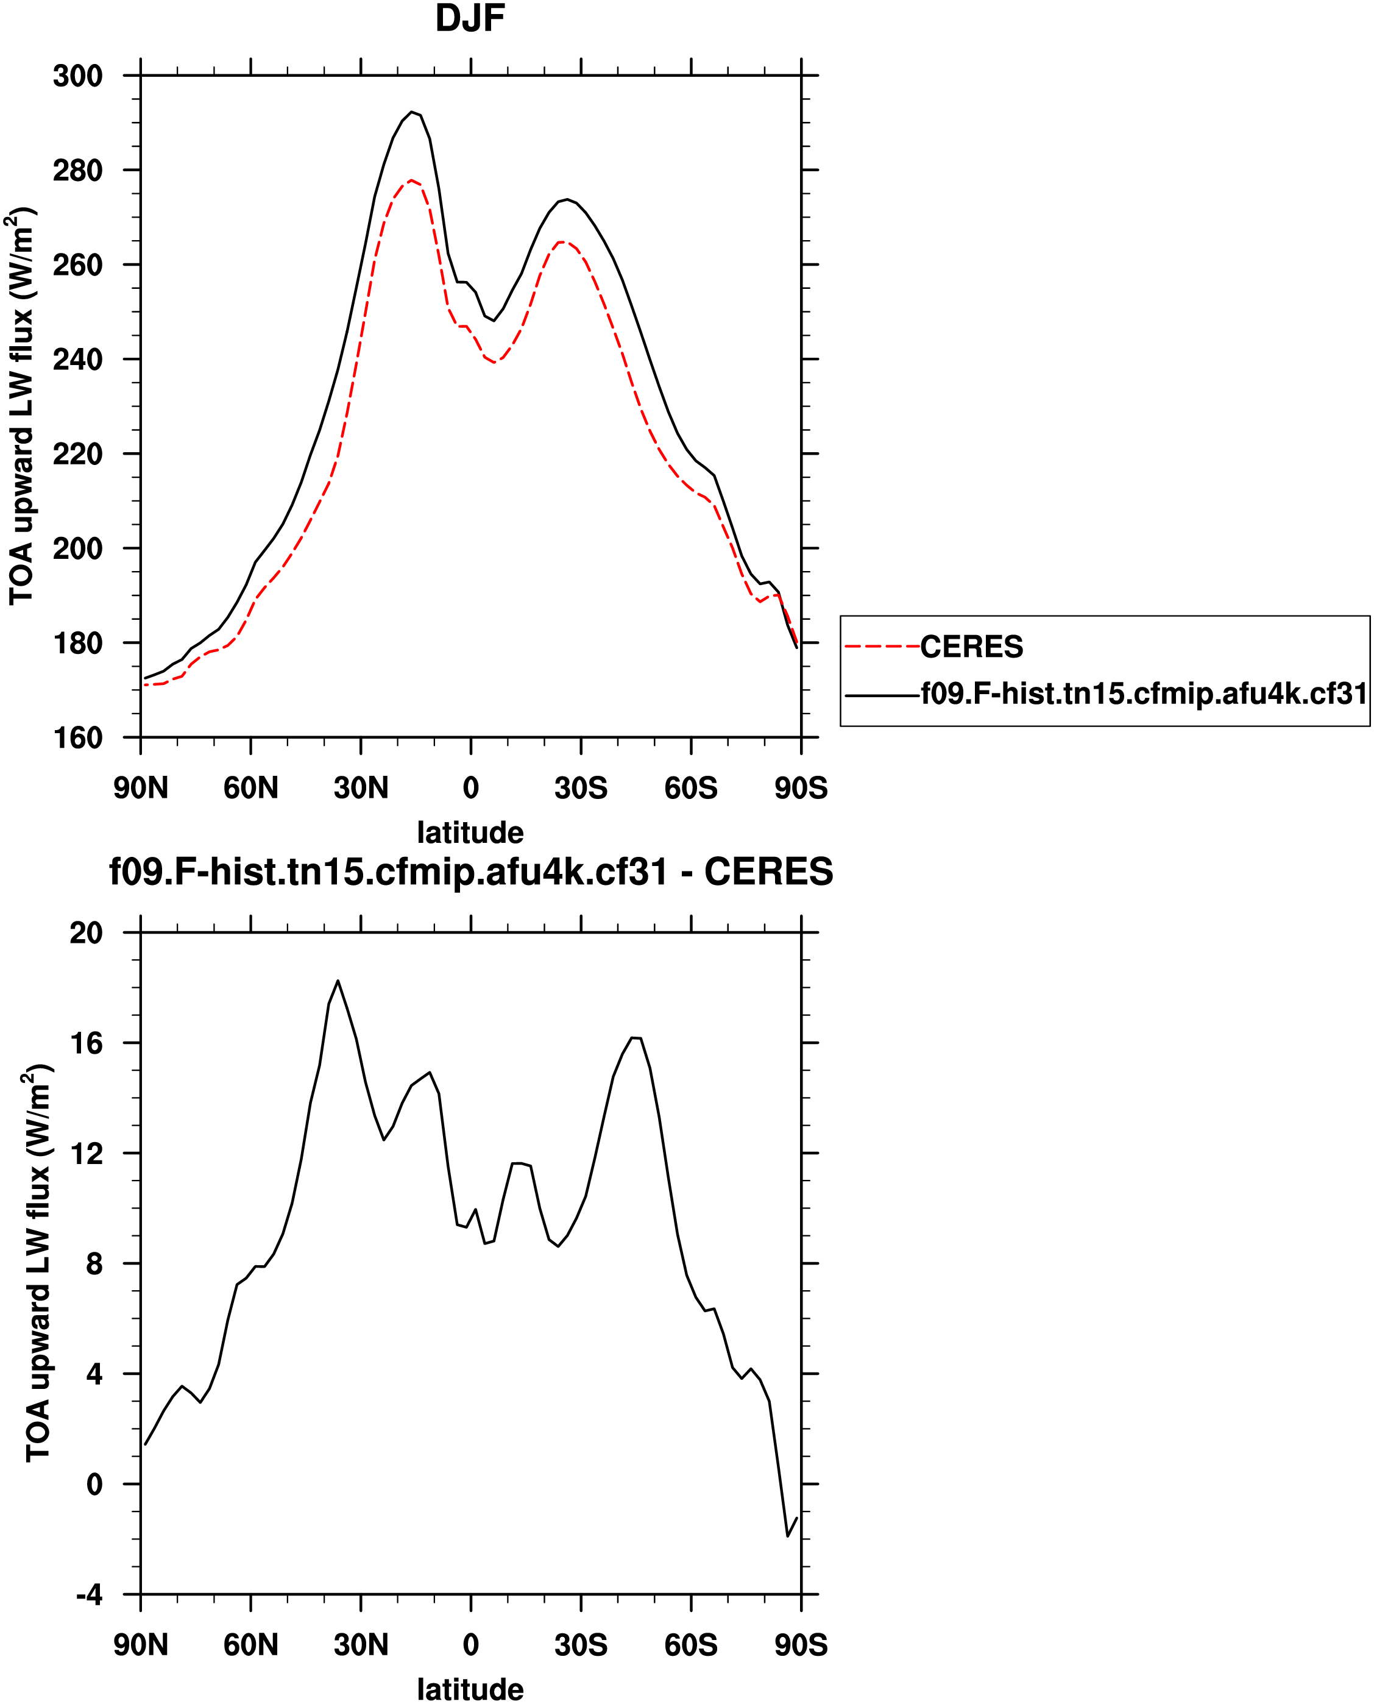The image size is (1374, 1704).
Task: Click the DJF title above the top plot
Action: tap(470, 19)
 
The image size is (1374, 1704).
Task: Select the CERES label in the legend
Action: tap(971, 647)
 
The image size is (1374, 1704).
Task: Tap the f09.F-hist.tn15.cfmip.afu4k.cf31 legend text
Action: tap(1144, 694)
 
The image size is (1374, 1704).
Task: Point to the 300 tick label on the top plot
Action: tap(77, 76)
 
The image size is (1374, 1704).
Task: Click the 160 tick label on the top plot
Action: tap(77, 737)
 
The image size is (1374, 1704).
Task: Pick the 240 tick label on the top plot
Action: tap(77, 360)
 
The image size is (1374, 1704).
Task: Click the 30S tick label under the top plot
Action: tap(581, 788)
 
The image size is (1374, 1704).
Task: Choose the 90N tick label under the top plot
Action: tap(141, 788)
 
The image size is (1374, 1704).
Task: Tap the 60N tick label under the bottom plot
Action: tap(251, 1645)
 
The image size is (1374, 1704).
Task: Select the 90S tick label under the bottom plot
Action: tap(801, 1645)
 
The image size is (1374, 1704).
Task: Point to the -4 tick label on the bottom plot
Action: tap(88, 1595)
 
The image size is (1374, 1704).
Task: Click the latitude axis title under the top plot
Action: tap(470, 832)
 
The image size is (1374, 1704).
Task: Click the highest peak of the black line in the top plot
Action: tap(411, 112)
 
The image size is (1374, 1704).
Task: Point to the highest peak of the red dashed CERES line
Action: tap(411, 180)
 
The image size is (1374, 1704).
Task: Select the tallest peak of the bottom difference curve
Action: tap(338, 981)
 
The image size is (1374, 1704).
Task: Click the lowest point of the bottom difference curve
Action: tap(787, 1536)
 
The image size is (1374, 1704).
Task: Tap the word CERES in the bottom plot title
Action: tap(768, 872)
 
